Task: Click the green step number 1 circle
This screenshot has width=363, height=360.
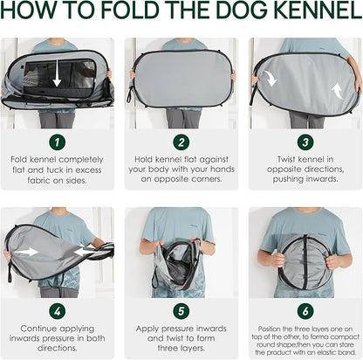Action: point(57,142)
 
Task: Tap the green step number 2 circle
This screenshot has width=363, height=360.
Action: point(181,142)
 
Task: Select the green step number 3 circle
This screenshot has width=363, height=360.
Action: point(305,142)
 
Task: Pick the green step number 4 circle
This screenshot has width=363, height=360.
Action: point(57,311)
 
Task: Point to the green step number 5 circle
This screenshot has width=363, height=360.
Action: point(181,311)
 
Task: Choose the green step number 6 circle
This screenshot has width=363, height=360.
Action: point(305,311)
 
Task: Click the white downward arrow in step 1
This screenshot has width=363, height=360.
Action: point(57,73)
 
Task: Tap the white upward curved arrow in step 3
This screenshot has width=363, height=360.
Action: point(338,91)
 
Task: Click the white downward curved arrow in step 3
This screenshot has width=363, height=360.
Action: point(271,78)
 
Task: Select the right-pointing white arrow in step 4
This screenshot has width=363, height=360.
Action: point(29,252)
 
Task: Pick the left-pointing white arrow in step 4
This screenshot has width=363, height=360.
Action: point(84,251)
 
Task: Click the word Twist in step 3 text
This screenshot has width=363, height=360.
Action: point(285,159)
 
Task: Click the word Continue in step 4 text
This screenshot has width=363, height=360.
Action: point(38,329)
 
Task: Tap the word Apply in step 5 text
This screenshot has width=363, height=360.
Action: point(147,329)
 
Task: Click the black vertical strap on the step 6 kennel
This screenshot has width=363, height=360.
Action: point(305,262)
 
